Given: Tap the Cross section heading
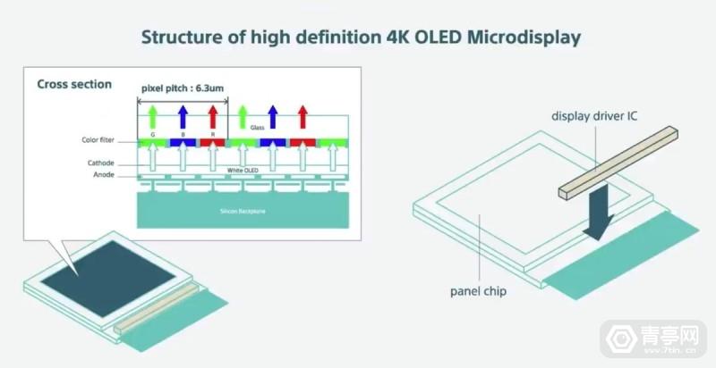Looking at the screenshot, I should tap(74, 84).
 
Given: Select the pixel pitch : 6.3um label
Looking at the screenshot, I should tap(183, 89).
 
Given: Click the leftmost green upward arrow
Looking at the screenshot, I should tap(153, 116).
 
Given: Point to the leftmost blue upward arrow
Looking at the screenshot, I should tap(183, 116).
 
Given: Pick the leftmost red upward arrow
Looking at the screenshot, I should tap(212, 116).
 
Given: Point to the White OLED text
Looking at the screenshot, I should tap(243, 169).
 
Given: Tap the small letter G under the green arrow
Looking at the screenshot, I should tap(153, 132).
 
